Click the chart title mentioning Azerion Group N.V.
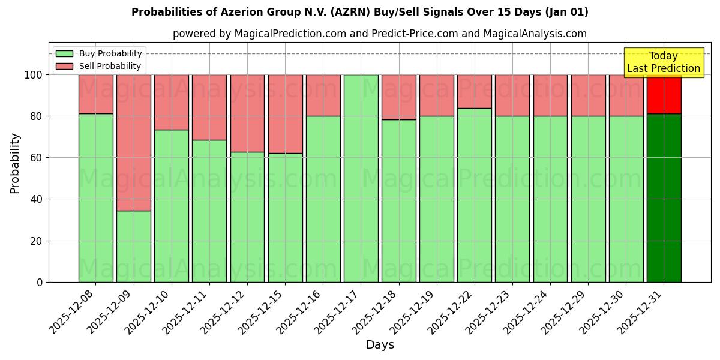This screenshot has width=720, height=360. pyautogui.click(x=359, y=12)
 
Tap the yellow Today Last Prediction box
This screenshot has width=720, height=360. pyautogui.click(x=664, y=62)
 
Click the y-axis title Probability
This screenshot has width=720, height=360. pyautogui.click(x=15, y=163)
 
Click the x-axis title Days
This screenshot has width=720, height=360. pyautogui.click(x=380, y=345)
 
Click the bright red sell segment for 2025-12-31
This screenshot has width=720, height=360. pyautogui.click(x=664, y=94)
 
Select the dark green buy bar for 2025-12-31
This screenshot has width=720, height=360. pyautogui.click(x=664, y=198)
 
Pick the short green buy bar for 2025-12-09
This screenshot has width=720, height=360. pyautogui.click(x=133, y=246)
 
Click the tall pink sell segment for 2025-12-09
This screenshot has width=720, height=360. pyautogui.click(x=133, y=143)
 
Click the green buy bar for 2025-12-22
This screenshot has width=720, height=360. pyautogui.click(x=474, y=195)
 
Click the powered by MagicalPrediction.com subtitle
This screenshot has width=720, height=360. pyautogui.click(x=380, y=34)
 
